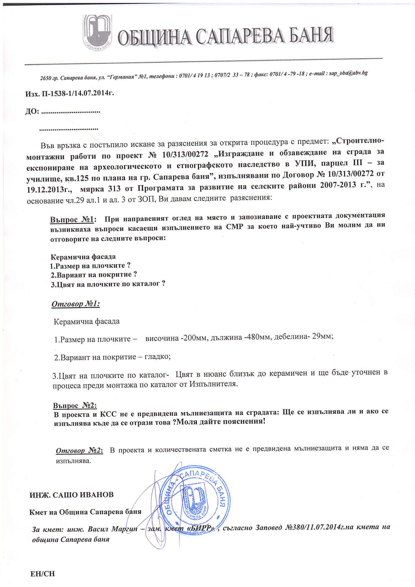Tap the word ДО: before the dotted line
pos(32,112)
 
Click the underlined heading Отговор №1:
pos(76,304)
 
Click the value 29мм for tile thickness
pos(323,336)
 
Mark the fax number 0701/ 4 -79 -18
pos(287,74)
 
